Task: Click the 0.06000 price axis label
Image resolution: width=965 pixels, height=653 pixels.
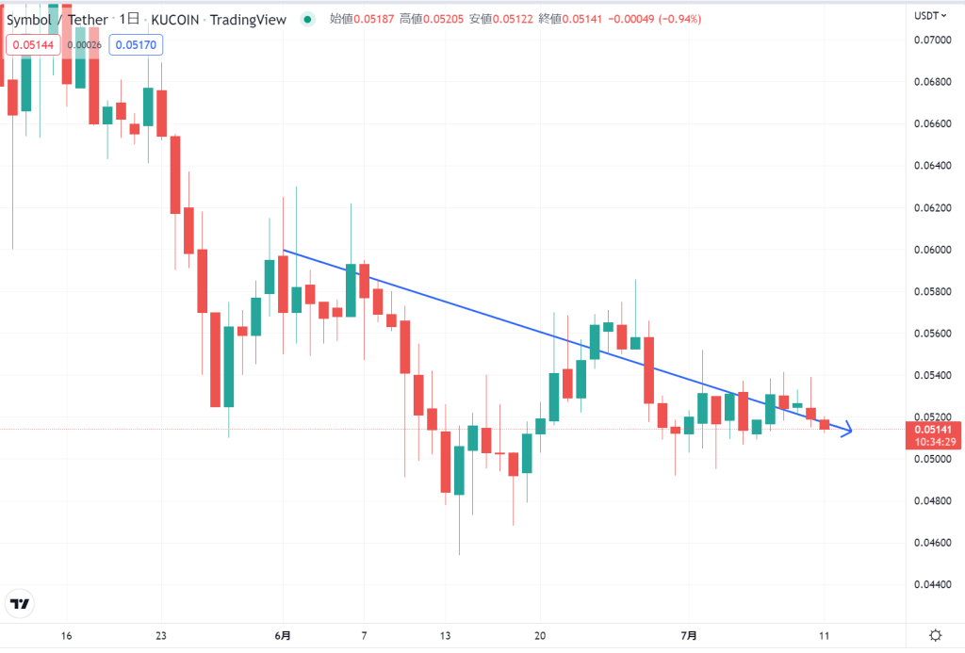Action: pos(934,250)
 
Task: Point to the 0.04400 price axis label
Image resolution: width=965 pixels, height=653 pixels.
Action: pos(934,585)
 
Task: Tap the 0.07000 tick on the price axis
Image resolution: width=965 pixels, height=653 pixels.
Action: pos(934,40)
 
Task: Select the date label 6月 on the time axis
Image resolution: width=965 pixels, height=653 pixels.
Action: pos(283,635)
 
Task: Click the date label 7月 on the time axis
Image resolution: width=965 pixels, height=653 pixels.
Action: pos(689,635)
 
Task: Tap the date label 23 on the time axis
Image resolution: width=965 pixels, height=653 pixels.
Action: pos(161,635)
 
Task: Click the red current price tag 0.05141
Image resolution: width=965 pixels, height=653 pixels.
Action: pos(934,429)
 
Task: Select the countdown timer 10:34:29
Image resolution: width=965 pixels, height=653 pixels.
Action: pos(934,442)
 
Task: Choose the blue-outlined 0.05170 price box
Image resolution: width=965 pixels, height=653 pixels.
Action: pos(136,43)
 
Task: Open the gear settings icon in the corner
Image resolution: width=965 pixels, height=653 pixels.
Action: pos(935,635)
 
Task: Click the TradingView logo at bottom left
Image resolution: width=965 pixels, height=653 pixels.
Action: pos(19,604)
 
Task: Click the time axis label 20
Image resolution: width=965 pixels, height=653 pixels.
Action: pos(540,635)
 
